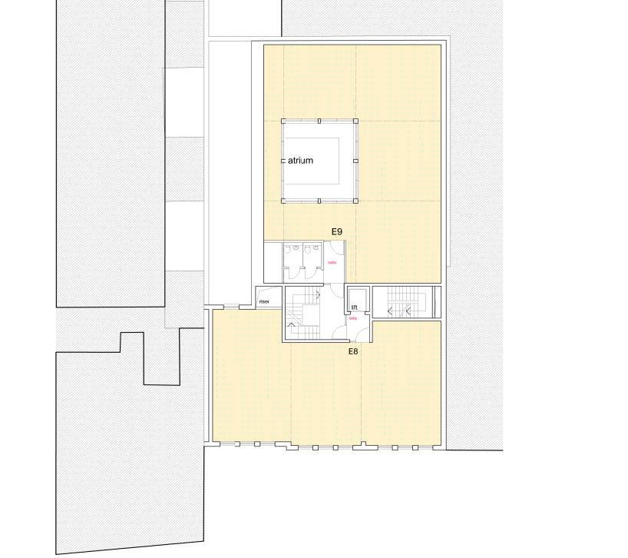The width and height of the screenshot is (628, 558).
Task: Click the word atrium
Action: [x=301, y=161]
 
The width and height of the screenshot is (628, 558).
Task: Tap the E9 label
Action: [x=336, y=231]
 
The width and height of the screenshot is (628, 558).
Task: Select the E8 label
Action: [x=353, y=350]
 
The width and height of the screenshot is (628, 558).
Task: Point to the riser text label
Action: [x=264, y=301]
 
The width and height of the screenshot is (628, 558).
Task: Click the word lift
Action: [x=355, y=307]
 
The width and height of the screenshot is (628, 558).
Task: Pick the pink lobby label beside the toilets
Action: [x=332, y=263]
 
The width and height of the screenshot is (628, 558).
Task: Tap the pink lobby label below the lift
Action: [x=353, y=318]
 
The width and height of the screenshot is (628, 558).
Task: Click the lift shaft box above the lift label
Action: [x=358, y=295]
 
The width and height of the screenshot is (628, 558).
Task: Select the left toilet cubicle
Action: [x=293, y=261]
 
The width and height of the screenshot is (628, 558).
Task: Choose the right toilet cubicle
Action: [x=312, y=261]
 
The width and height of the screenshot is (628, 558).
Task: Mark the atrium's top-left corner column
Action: [x=283, y=121]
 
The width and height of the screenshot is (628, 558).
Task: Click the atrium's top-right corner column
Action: [x=355, y=121]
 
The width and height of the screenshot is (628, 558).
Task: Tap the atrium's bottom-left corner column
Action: [x=283, y=201]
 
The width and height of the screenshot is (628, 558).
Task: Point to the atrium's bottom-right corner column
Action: [x=355, y=201]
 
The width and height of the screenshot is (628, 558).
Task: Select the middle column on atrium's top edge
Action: [x=319, y=121]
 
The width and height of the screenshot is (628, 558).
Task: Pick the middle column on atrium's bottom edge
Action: [x=319, y=201]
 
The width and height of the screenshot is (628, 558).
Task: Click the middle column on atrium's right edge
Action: [x=355, y=161]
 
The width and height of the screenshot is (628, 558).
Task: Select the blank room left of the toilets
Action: [x=272, y=261]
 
